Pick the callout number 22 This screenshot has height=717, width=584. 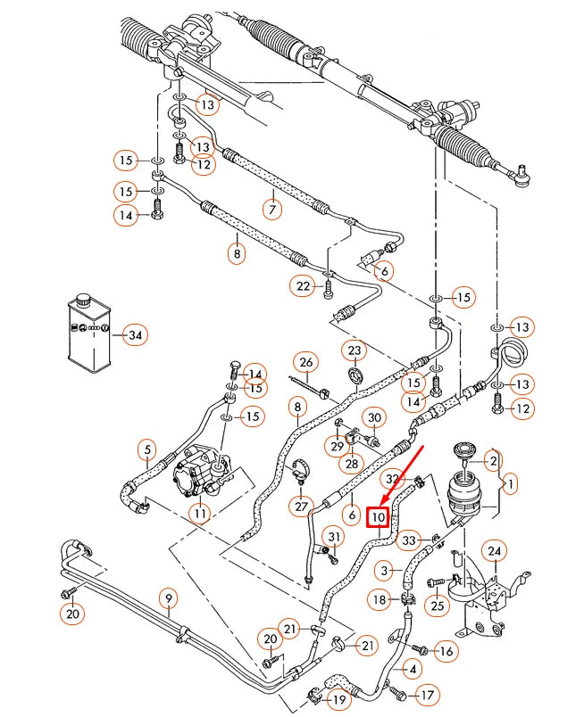tap(304, 285)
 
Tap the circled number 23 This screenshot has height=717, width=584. tap(355, 350)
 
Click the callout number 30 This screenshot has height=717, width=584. tap(374, 417)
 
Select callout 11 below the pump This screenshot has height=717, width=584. tap(199, 514)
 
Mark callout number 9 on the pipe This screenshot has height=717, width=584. tap(168, 597)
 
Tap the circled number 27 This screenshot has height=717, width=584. tap(300, 507)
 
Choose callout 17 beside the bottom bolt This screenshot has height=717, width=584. tap(428, 694)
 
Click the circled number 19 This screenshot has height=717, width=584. tap(338, 700)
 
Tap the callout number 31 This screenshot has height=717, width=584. tap(333, 536)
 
